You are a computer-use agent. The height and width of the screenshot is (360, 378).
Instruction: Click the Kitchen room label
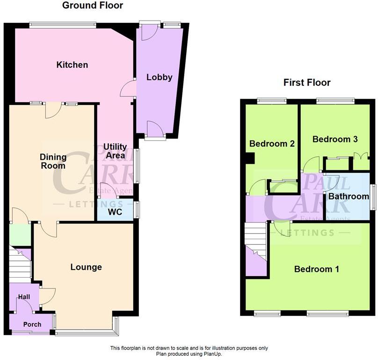pyautogui.click(x=72, y=65)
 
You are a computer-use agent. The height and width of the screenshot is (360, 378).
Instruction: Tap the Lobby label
pyautogui.click(x=159, y=77)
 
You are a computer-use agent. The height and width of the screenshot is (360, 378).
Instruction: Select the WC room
pyautogui.click(x=115, y=212)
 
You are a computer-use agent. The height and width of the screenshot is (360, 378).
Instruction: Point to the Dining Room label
pyautogui.click(x=52, y=162)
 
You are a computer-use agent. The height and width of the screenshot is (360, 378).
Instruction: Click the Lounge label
pyautogui.click(x=86, y=267)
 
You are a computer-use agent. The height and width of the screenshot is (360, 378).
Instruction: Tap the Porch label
pyautogui.click(x=32, y=324)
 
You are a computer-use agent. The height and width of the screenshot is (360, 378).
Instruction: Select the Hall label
pyautogui.click(x=24, y=297)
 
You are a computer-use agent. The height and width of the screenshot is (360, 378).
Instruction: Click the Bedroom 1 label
pyautogui.click(x=316, y=269)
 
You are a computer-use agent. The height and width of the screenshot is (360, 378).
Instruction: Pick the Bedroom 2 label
pyautogui.click(x=272, y=144)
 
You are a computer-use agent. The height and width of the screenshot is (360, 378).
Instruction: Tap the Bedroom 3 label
pyautogui.click(x=335, y=139)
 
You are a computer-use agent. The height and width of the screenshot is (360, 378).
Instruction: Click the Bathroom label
pyautogui.click(x=349, y=196)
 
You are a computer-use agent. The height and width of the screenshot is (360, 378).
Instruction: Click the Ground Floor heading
pyautogui.click(x=93, y=6)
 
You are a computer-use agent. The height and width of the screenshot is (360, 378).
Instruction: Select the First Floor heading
pyautogui.click(x=307, y=83)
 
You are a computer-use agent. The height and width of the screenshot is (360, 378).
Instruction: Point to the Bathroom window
pyautogui.click(x=374, y=196)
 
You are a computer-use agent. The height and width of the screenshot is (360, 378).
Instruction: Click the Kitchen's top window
pyautogui.click(x=62, y=24)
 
